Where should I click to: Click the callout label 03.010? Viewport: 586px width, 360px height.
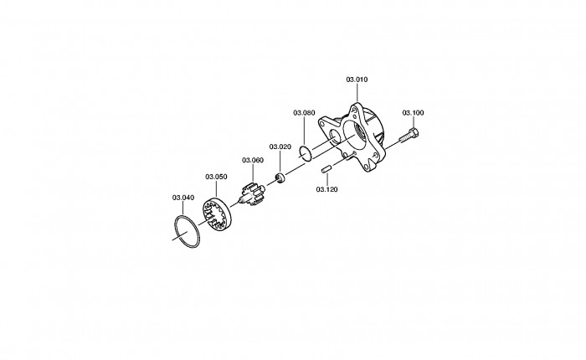[x=357, y=80]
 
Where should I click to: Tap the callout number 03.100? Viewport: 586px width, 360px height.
[x=413, y=112]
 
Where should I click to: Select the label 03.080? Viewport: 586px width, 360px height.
[x=304, y=112]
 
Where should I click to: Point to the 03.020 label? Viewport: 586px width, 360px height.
[x=280, y=147]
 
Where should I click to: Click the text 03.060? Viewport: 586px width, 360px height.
[x=253, y=160]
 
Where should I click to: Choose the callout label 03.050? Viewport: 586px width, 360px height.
[x=216, y=177]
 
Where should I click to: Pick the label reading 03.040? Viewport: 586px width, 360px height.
[x=183, y=198]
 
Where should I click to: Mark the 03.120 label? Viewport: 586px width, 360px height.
[x=326, y=189]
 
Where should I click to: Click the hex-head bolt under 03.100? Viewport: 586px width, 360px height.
[x=409, y=136]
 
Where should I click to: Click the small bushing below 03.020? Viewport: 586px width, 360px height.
[x=280, y=178]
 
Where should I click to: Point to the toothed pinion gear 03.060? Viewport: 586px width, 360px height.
[x=250, y=193]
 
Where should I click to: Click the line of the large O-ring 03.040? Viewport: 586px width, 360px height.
[x=176, y=227]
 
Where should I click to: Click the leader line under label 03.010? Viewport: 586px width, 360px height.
[x=357, y=92]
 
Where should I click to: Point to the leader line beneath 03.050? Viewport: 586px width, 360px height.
[x=216, y=189]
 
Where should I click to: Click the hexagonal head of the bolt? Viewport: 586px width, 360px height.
[x=414, y=132]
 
